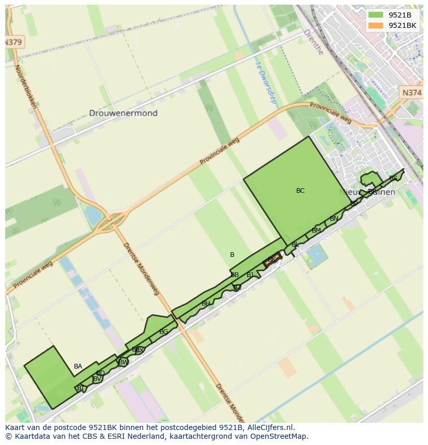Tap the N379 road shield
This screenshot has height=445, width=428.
click(13, 42)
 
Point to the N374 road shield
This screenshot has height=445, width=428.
click(411, 93)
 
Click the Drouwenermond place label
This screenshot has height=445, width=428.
click(123, 113)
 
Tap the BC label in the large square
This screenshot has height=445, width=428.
click(300, 191)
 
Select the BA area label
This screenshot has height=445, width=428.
click(78, 366)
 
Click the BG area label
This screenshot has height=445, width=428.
click(163, 332)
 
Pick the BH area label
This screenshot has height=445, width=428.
click(206, 303)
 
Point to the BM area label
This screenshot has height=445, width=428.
click(316, 231)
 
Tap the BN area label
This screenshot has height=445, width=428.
click(334, 219)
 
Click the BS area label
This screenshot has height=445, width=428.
click(393, 178)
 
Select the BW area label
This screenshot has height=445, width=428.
click(123, 362)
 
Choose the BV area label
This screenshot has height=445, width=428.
click(97, 379)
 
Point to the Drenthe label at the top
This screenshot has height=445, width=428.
click(313, 42)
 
